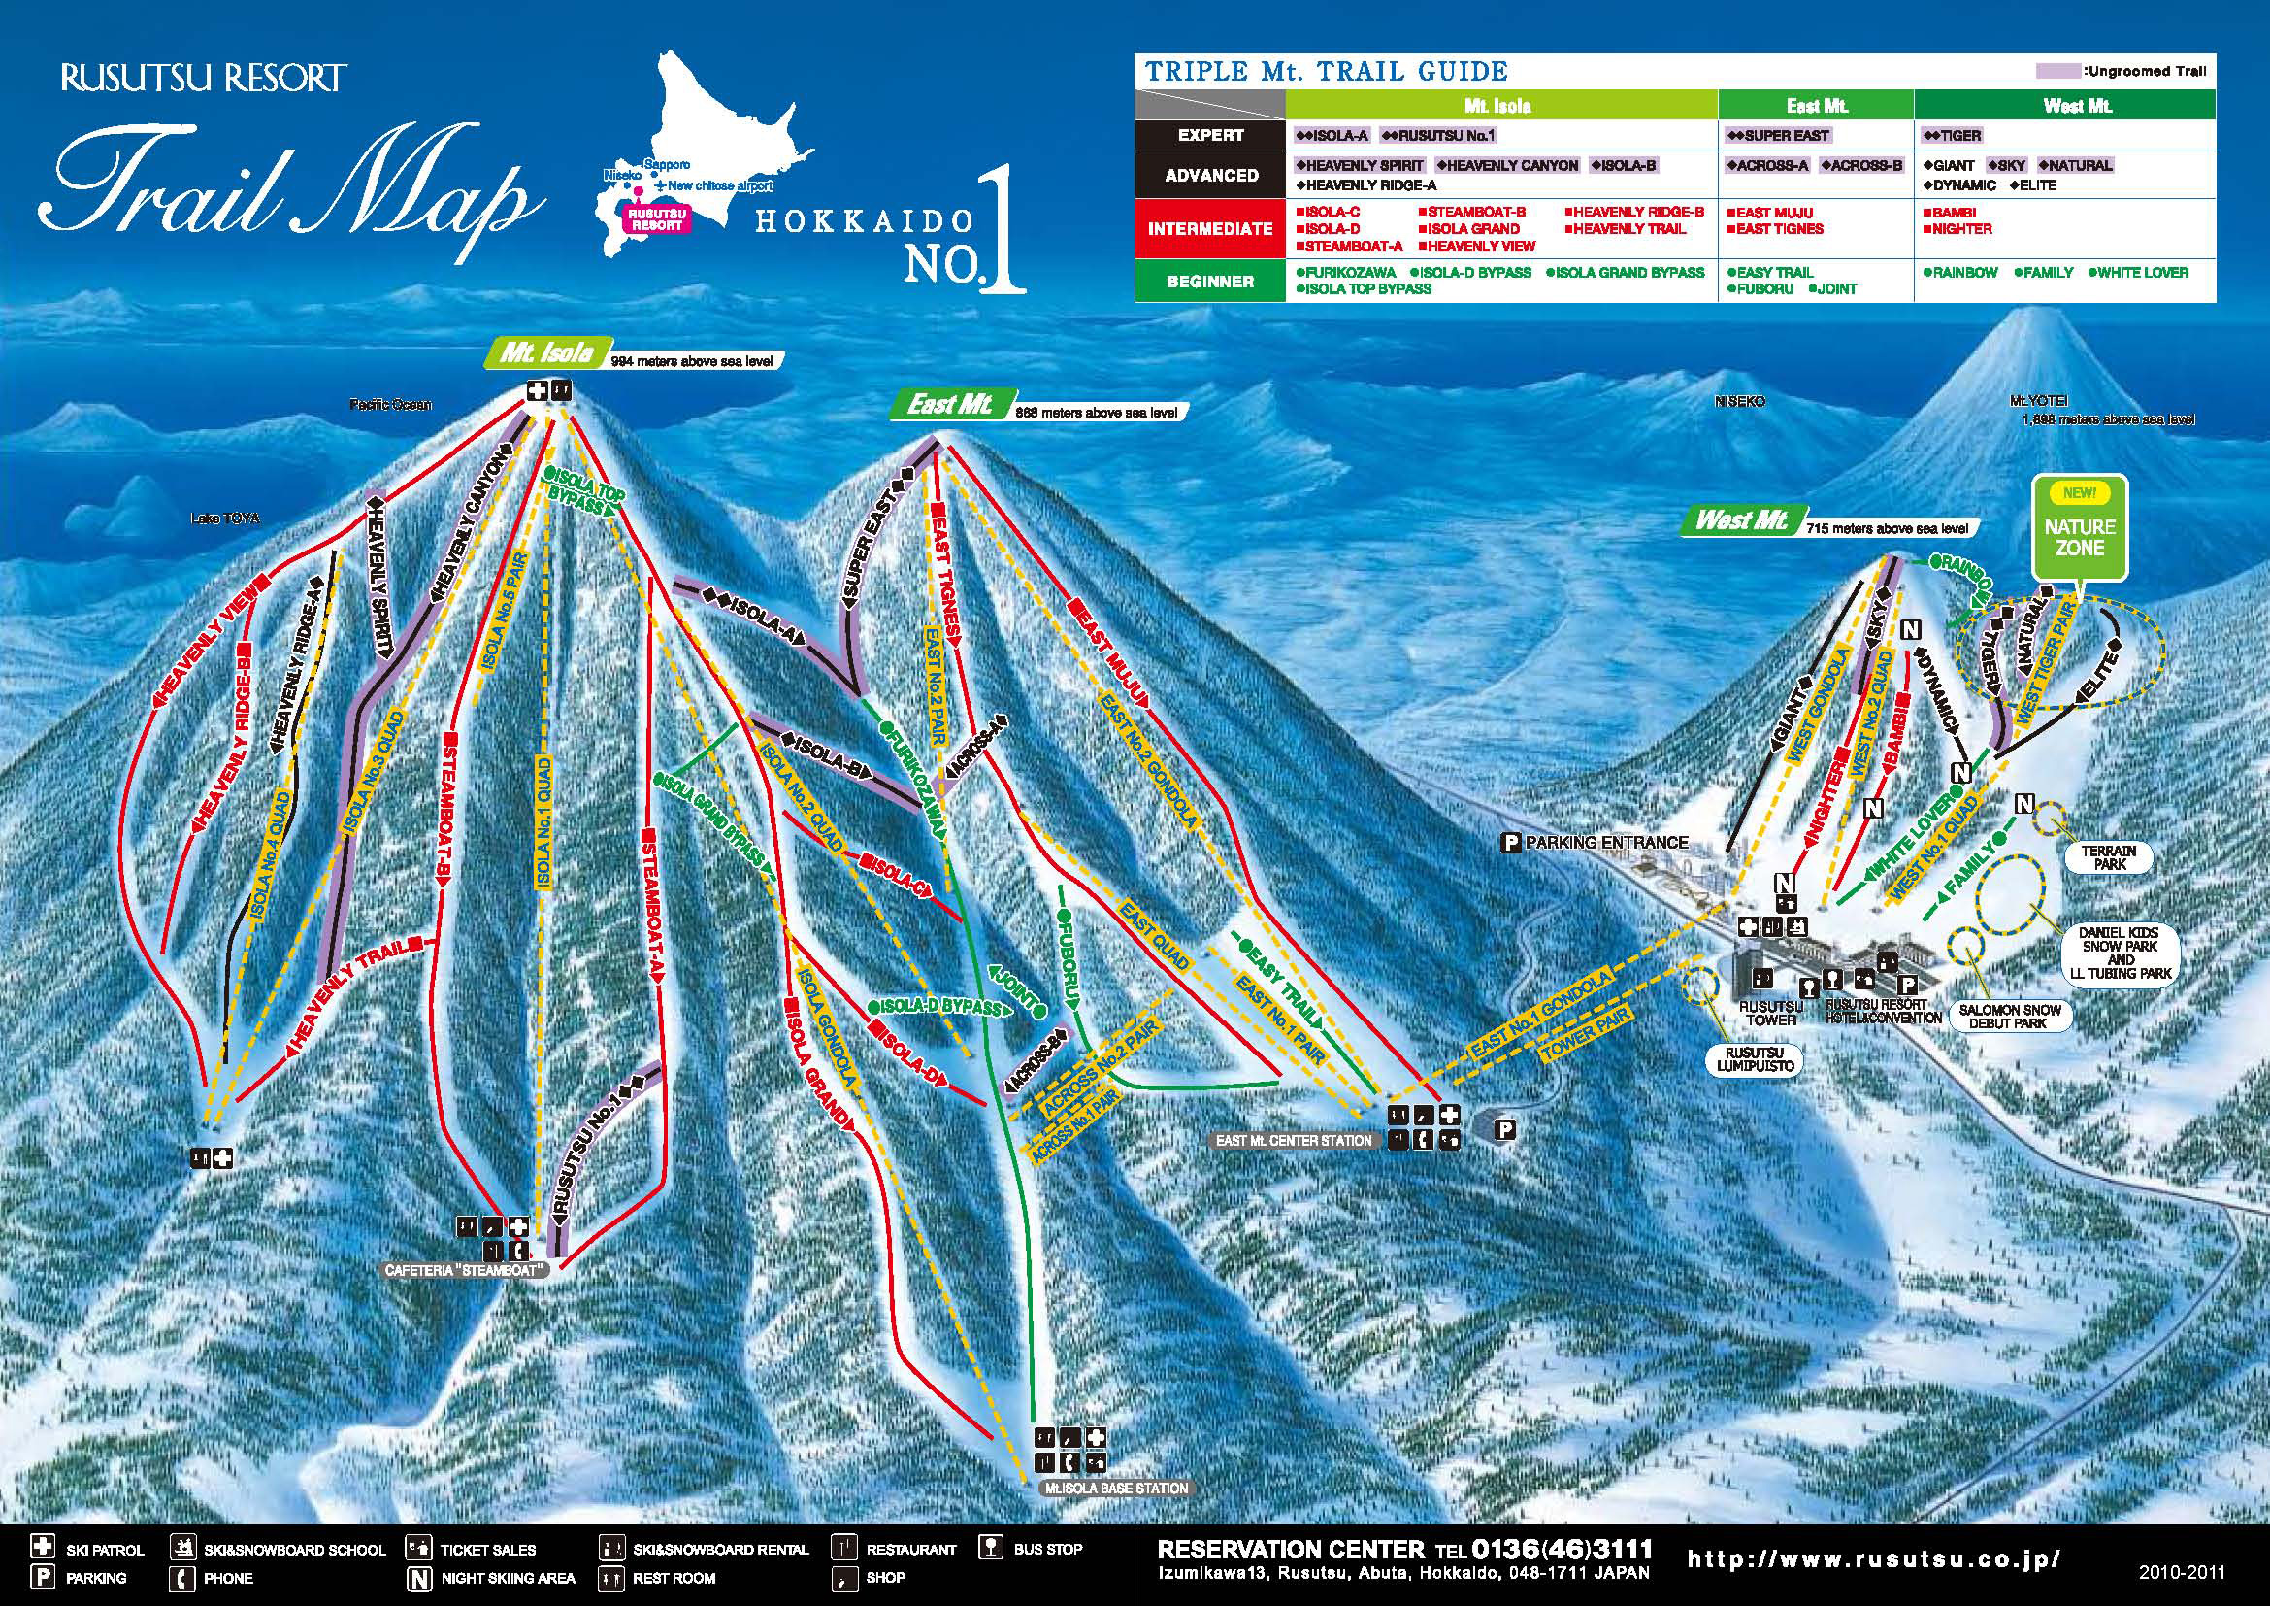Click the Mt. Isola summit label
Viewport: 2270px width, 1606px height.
tap(546, 352)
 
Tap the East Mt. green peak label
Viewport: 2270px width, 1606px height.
tap(950, 405)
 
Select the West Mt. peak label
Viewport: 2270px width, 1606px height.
tap(1741, 520)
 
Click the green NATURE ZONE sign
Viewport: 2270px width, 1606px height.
tap(2078, 527)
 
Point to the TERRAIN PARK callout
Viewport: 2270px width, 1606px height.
tap(2109, 856)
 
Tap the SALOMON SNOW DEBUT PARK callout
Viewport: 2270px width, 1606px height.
tap(2010, 1017)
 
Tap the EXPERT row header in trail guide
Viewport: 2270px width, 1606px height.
tap(1210, 136)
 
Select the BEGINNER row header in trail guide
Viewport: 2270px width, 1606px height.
tap(1210, 281)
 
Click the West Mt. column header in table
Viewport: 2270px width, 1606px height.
tap(2076, 106)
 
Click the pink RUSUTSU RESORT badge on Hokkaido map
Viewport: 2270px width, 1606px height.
tap(657, 218)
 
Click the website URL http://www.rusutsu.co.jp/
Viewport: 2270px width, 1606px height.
tap(1873, 1560)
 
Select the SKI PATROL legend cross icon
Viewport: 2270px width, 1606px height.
tap(43, 1546)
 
